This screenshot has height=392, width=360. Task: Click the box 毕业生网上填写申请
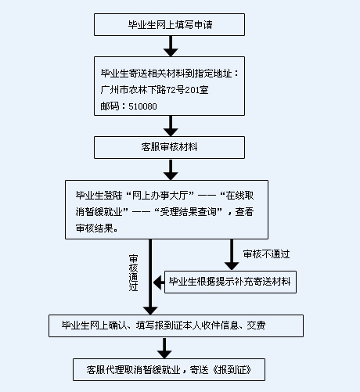[169, 25]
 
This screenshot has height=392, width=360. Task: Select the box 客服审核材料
[169, 147]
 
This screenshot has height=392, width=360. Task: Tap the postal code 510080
[142, 106]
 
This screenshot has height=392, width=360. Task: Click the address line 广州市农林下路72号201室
[154, 90]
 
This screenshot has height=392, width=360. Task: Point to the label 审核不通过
[266, 254]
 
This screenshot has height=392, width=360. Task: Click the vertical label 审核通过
[133, 273]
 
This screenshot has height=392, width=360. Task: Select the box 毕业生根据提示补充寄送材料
[230, 282]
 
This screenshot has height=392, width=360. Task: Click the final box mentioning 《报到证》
[169, 369]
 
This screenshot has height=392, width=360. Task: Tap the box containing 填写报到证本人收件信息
[176, 325]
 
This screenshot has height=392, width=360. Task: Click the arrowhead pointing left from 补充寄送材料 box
[158, 282]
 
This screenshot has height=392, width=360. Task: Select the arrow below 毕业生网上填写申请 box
[171, 46]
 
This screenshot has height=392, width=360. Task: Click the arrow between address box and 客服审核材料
[171, 126]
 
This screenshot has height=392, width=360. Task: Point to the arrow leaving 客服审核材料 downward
[171, 170]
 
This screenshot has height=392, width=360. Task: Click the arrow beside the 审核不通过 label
[232, 254]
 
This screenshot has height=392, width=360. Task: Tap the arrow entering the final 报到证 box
[164, 348]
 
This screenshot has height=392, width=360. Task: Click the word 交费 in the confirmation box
[256, 325]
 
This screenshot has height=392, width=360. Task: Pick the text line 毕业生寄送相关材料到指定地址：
[170, 74]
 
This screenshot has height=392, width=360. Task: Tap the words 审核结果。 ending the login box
[96, 228]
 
